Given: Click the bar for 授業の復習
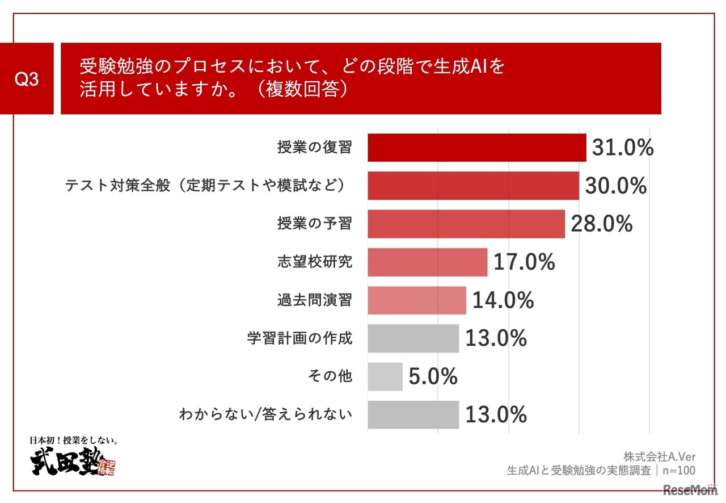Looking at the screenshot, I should (476, 148).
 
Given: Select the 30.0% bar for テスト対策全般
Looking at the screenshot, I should (473, 186).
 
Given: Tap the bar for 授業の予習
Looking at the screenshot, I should (466, 224).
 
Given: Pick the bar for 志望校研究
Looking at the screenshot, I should (427, 262).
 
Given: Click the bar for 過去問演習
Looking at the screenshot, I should (417, 300).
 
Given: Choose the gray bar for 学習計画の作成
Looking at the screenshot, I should (413, 338).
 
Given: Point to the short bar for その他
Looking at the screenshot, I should (385, 376).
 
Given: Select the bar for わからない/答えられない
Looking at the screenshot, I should (413, 414).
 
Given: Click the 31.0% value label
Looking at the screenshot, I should (623, 148).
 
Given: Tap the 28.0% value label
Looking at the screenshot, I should (601, 224).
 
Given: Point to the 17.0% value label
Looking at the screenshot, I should (524, 262).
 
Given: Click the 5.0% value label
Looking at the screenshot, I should (433, 377).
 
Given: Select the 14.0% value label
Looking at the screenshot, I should (503, 300).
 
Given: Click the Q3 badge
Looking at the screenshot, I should (27, 79).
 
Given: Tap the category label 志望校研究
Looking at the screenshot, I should (315, 262).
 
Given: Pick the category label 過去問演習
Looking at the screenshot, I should (315, 300).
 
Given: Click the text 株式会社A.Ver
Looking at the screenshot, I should (659, 456).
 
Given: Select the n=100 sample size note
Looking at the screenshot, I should (678, 471).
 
